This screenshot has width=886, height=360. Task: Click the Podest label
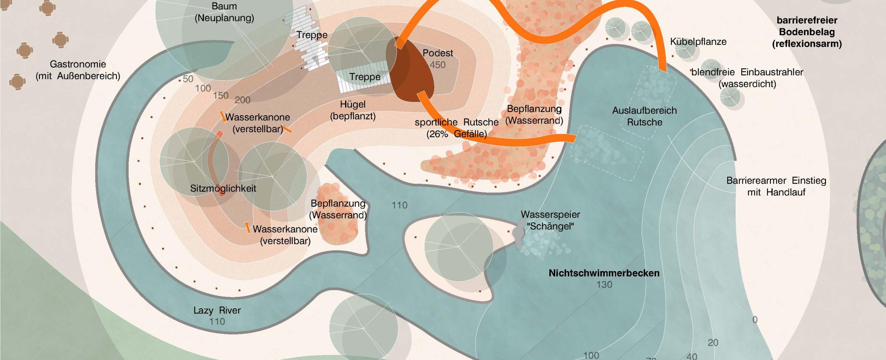pos(437,53)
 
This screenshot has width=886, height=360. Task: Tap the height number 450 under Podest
pos(437,65)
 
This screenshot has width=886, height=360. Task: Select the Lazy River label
pos(217,310)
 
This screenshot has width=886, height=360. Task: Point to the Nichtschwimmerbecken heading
pos(604,273)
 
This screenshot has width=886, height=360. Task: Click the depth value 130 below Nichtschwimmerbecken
pos(604,285)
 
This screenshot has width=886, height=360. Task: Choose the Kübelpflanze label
pos(698,42)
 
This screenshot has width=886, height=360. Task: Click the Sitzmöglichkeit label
pos(223,188)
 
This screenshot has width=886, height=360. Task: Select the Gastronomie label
pos(78,64)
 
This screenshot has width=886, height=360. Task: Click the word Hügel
pos(353,104)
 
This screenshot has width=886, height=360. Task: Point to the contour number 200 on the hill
pos(243,100)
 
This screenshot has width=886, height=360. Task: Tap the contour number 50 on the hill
pos(188,79)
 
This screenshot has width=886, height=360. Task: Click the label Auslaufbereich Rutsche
pos(644,116)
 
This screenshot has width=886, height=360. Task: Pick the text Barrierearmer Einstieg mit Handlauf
pos(776,186)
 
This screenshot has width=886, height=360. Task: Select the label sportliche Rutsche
pos(456,123)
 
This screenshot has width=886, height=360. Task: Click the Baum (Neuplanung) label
pos(224,12)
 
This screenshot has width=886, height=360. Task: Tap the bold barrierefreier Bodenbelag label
pos(807,32)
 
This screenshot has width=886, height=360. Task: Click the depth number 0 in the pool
pos(755,320)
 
